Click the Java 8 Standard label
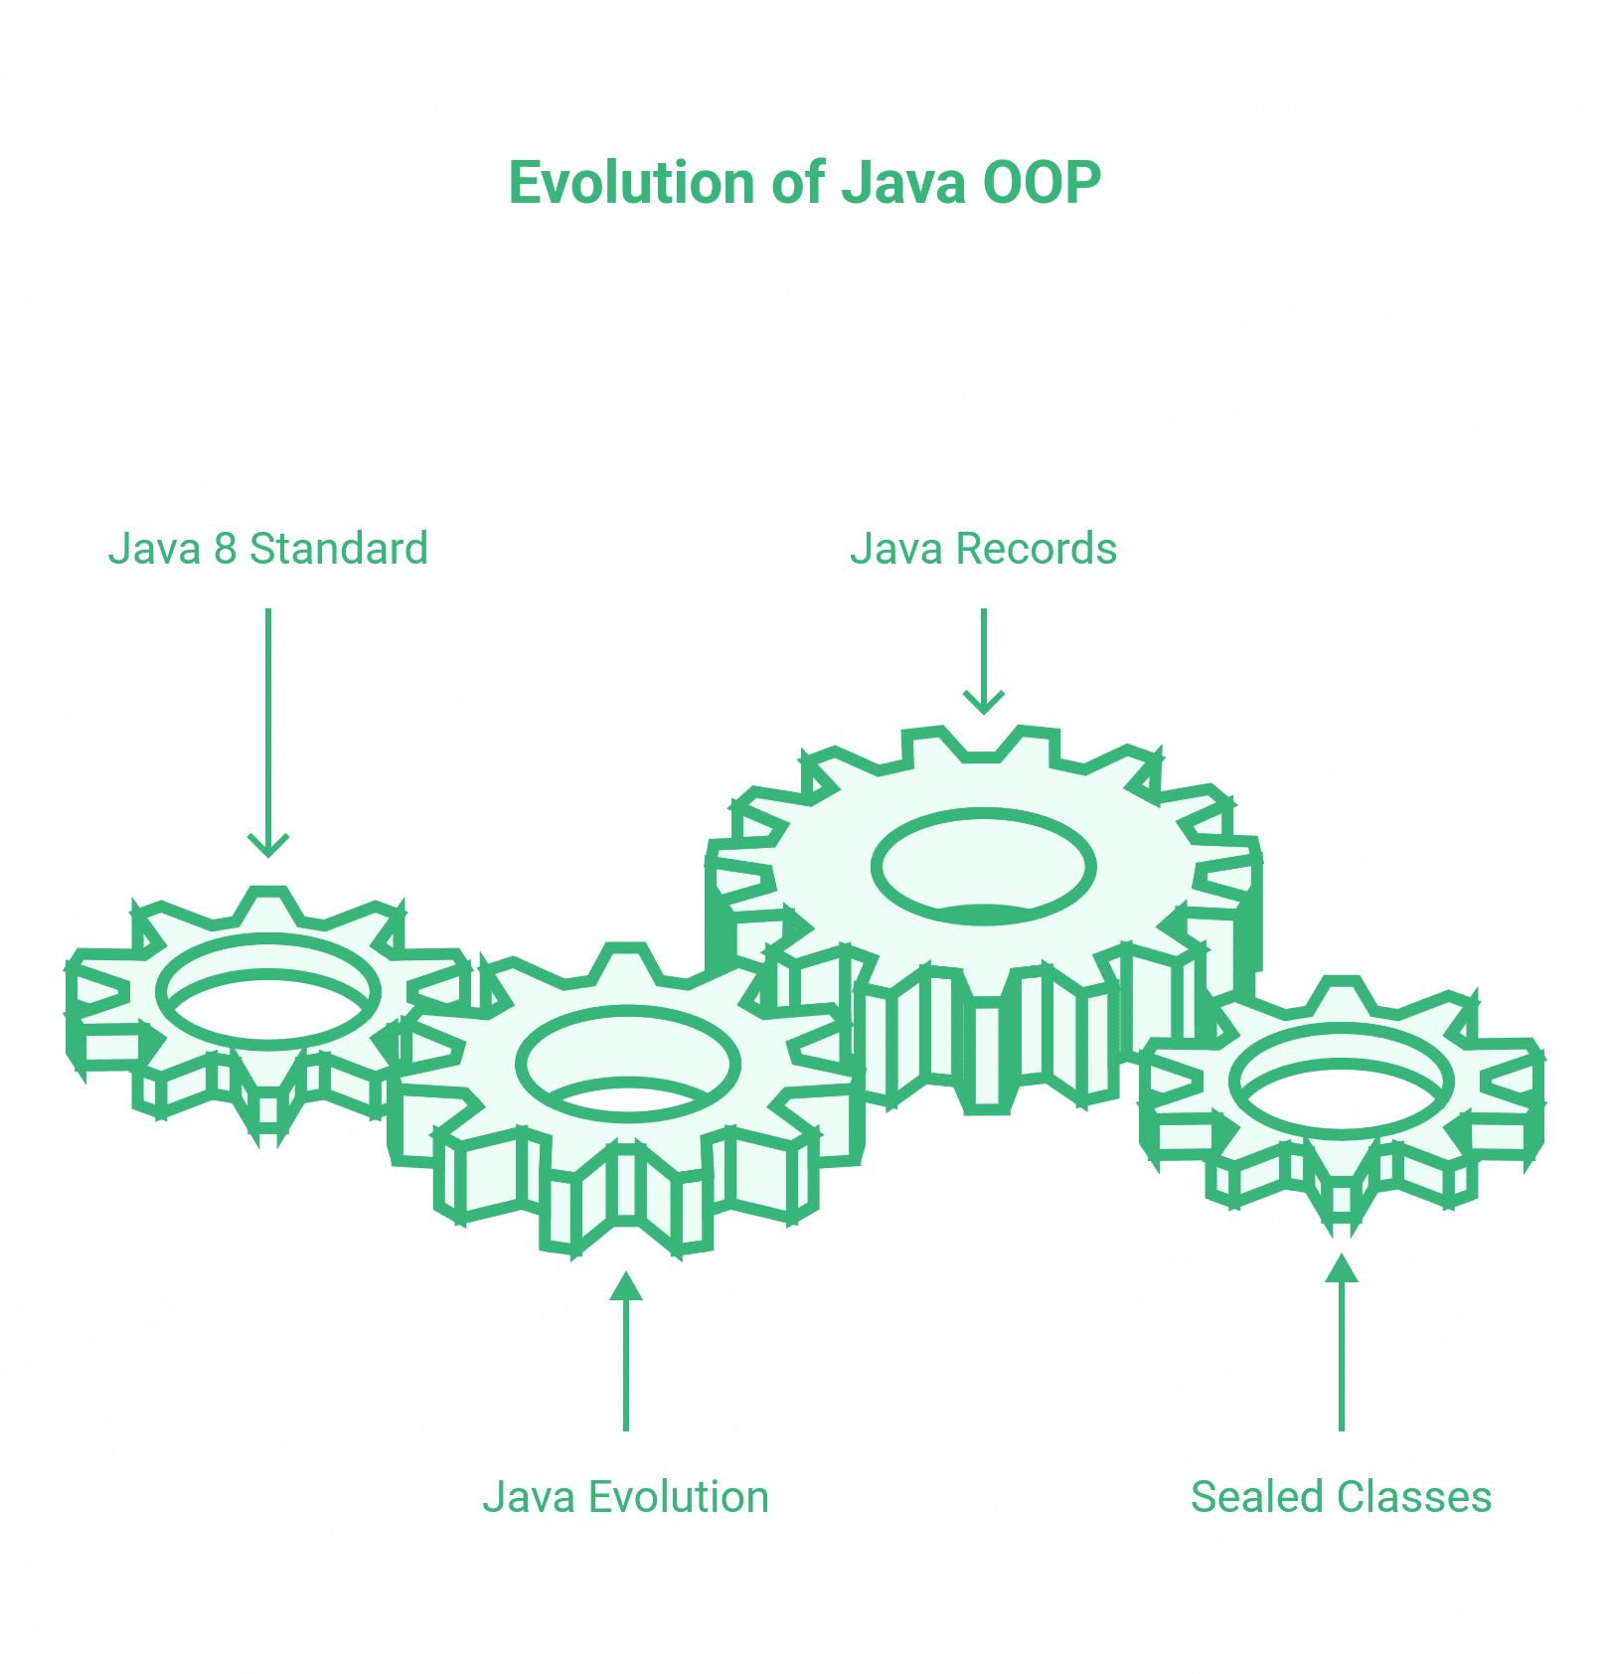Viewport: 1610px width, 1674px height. point(267,549)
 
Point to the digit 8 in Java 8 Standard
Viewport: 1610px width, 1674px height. point(226,549)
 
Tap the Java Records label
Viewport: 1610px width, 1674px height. point(983,549)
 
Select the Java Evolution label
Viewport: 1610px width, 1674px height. point(625,1497)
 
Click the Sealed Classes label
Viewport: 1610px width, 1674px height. point(1341,1497)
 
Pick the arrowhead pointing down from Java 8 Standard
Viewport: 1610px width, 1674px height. point(268,846)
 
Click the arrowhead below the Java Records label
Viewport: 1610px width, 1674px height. point(984,703)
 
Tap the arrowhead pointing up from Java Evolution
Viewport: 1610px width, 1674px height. point(626,1286)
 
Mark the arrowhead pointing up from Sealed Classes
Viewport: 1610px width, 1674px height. point(1342,1268)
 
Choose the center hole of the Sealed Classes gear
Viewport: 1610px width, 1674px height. point(1342,1082)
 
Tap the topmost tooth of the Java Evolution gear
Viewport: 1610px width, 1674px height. point(624,962)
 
